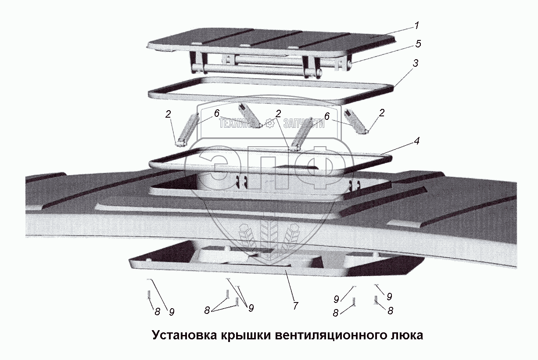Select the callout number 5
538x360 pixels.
click(418, 43)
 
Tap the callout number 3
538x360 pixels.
click(415, 63)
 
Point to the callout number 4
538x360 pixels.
click(416, 141)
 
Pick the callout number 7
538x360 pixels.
click(295, 306)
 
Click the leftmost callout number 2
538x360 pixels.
click(168, 115)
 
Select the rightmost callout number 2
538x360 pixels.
click(381, 113)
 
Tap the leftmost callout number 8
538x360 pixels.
click(157, 311)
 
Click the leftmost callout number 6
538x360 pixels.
click(216, 114)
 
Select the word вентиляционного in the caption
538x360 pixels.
click(330, 335)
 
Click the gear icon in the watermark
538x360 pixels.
click(269, 123)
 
